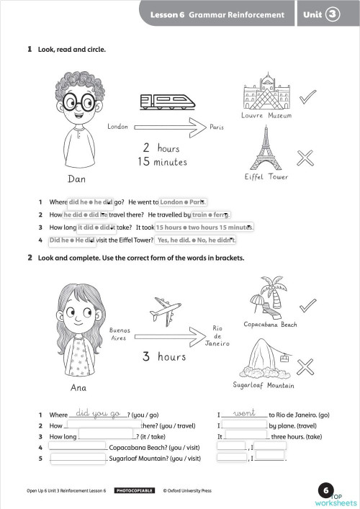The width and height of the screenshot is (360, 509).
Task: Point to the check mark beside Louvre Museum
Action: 307,96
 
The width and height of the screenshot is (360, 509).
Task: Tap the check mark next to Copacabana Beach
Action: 307,305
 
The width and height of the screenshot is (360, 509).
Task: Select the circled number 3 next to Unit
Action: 333,14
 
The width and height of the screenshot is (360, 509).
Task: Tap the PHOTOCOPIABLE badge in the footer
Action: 135,490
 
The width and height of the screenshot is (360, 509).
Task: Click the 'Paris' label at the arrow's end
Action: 217,127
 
